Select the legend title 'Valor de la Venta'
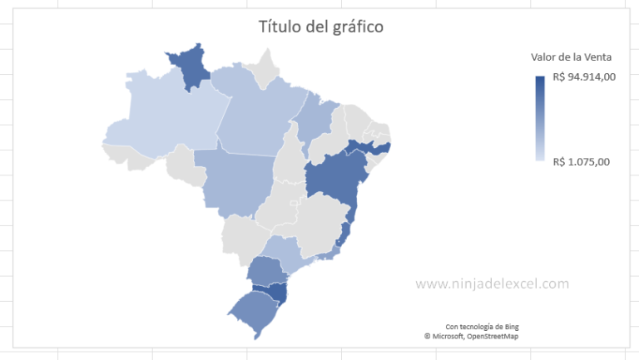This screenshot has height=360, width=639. tap(572, 57)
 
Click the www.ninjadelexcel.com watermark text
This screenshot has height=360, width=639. tap(492, 284)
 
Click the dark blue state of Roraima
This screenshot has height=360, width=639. tap(191, 67)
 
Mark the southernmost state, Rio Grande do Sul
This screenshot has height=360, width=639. tap(254, 312)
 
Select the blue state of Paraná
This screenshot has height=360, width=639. tap(266, 269)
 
